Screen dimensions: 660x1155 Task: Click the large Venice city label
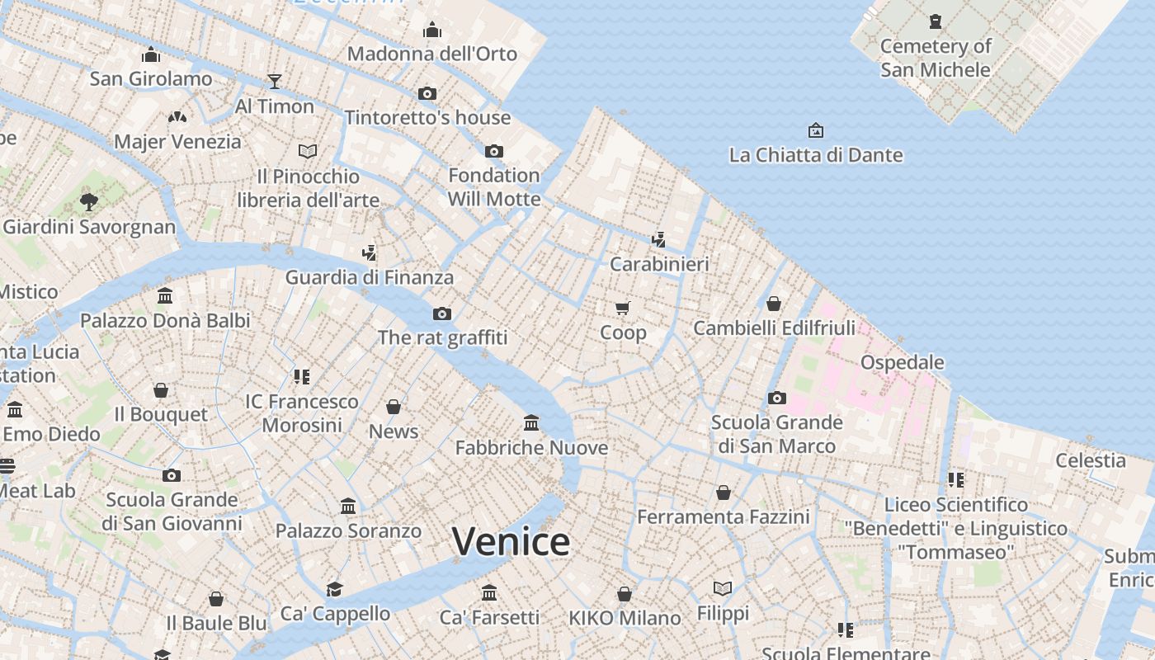click(511, 542)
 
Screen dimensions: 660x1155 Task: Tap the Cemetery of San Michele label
click(936, 58)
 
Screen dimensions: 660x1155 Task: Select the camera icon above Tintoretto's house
click(427, 93)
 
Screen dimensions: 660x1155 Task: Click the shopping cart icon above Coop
click(623, 309)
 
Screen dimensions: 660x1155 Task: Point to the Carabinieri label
click(659, 265)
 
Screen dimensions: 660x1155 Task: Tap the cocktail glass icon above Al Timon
click(275, 81)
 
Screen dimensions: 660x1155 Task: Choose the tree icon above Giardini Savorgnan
click(89, 201)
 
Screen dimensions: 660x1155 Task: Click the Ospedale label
click(902, 362)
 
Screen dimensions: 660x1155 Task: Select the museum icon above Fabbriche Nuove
click(531, 423)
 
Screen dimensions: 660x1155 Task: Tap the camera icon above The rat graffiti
click(442, 313)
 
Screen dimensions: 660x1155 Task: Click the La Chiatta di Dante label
click(816, 155)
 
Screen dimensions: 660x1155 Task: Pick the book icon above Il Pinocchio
click(308, 151)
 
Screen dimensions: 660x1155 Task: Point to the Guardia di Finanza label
click(370, 278)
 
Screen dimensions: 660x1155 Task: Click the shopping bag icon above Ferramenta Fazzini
click(724, 493)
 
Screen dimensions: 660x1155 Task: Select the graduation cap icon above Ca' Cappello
click(334, 589)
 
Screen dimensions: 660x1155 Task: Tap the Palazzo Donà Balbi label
click(165, 320)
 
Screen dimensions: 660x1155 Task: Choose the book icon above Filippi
click(723, 588)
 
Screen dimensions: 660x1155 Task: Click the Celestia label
click(1091, 460)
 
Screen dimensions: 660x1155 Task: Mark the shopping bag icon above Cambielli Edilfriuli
click(774, 304)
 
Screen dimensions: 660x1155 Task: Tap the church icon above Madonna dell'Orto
click(432, 31)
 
